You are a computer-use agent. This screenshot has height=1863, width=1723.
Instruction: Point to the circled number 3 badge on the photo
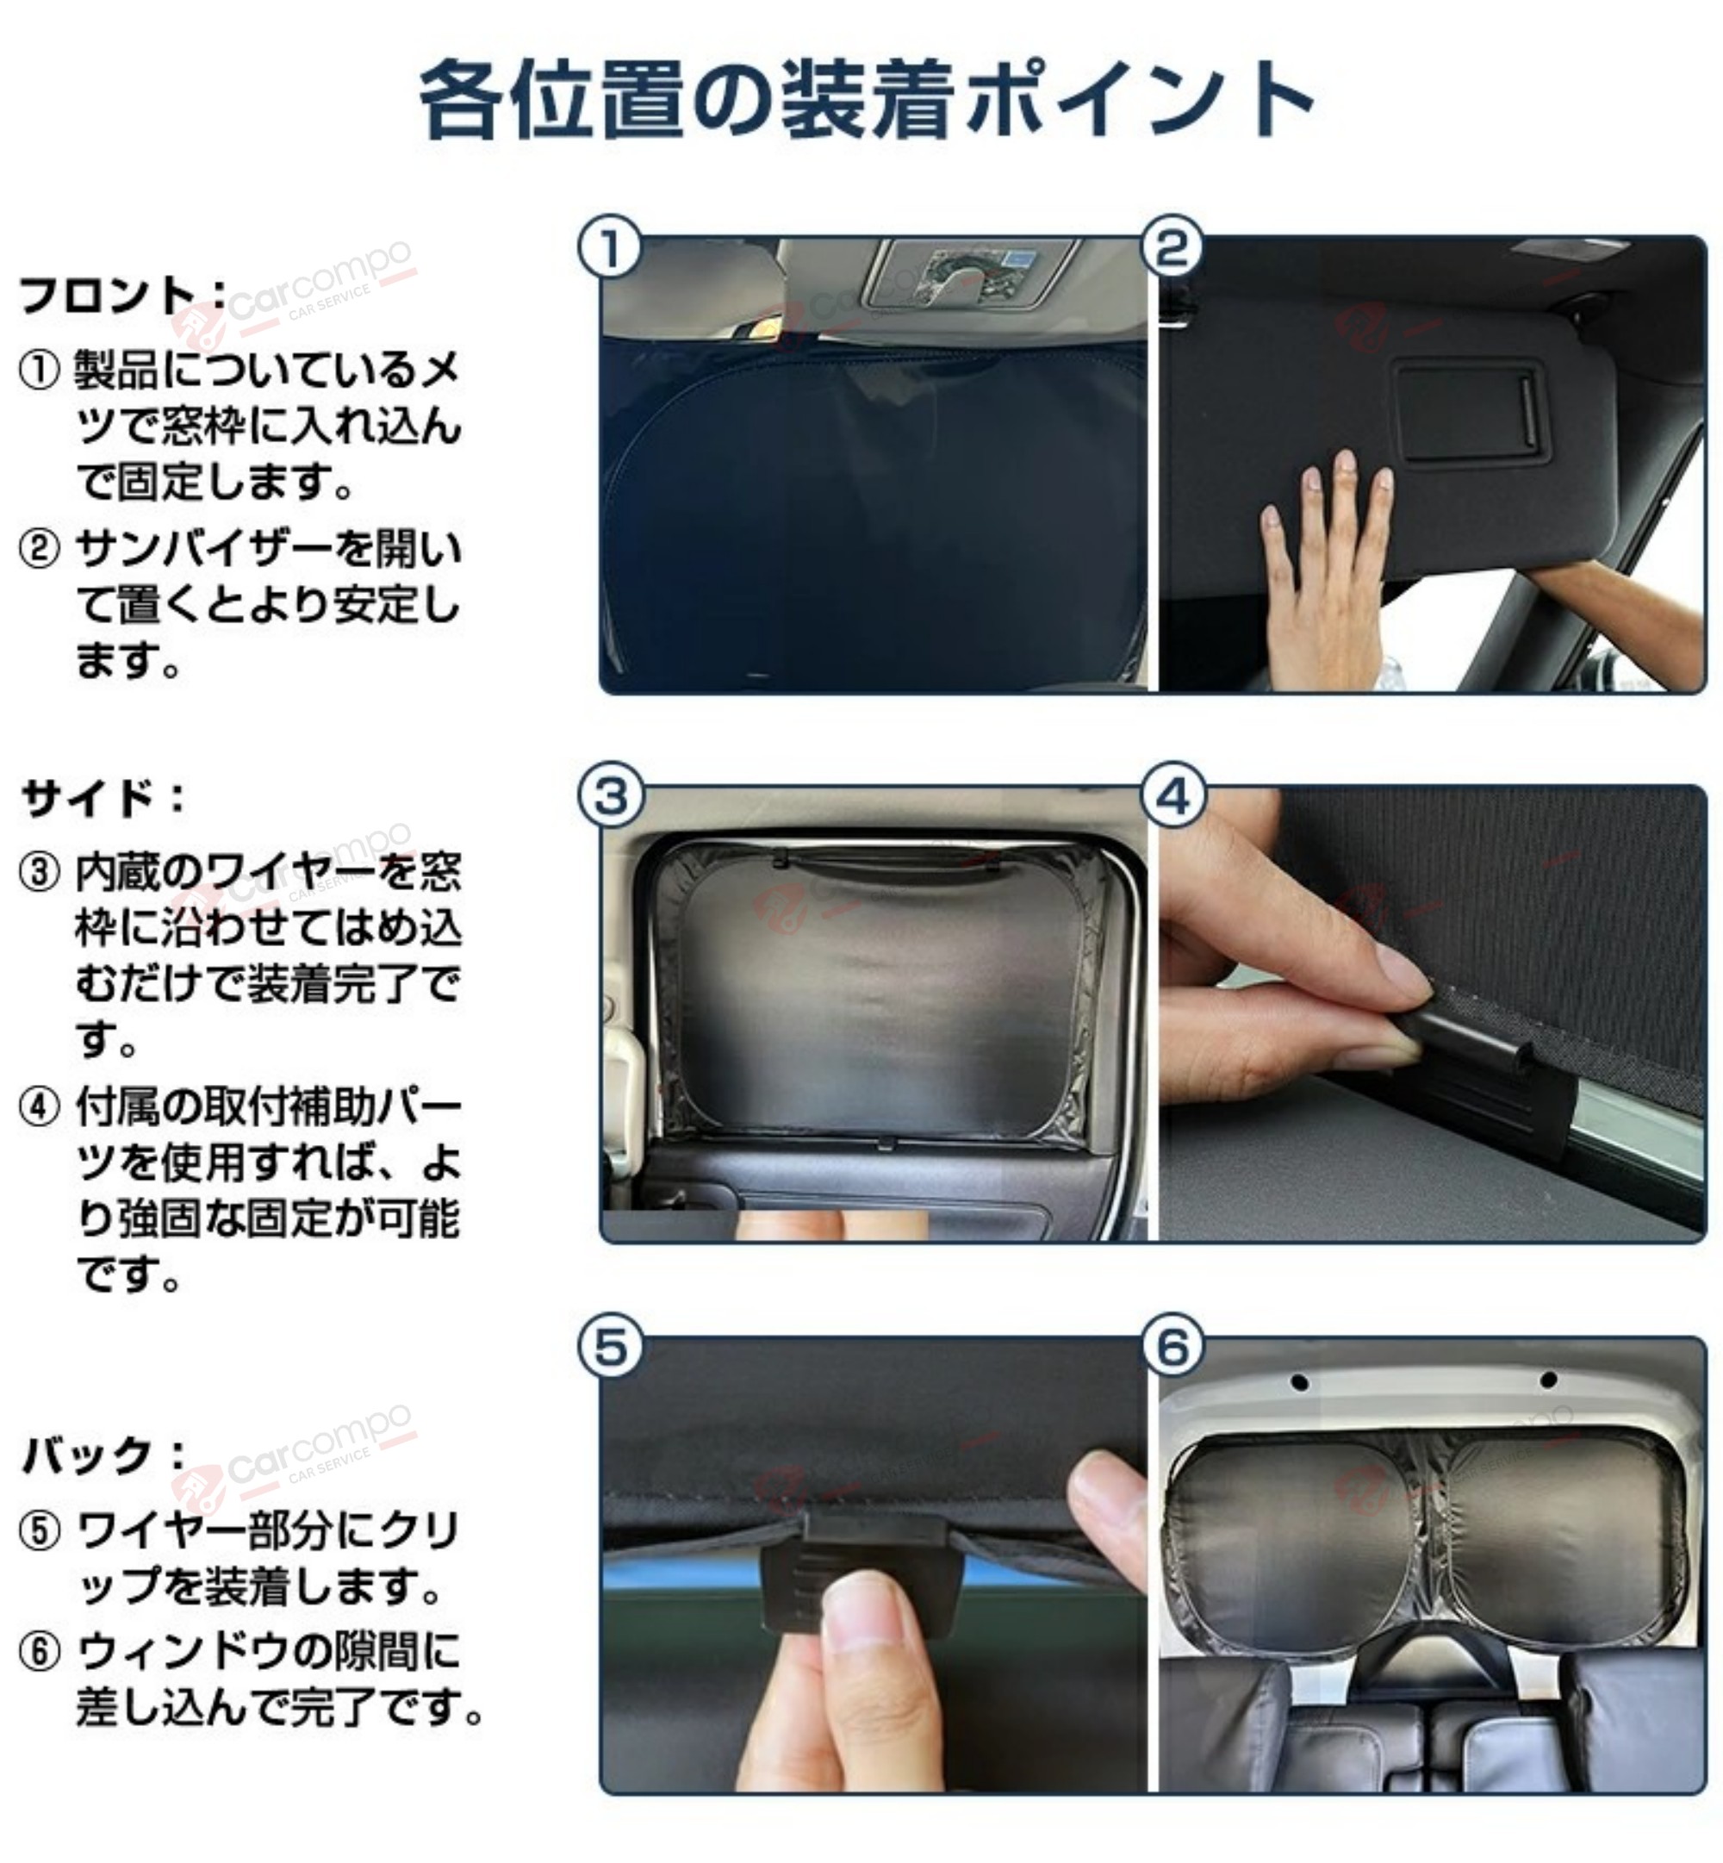click(x=611, y=797)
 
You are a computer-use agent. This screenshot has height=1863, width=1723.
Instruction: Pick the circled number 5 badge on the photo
click(x=611, y=1348)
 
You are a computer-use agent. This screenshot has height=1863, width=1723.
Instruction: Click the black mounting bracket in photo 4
click(x=1483, y=1072)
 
